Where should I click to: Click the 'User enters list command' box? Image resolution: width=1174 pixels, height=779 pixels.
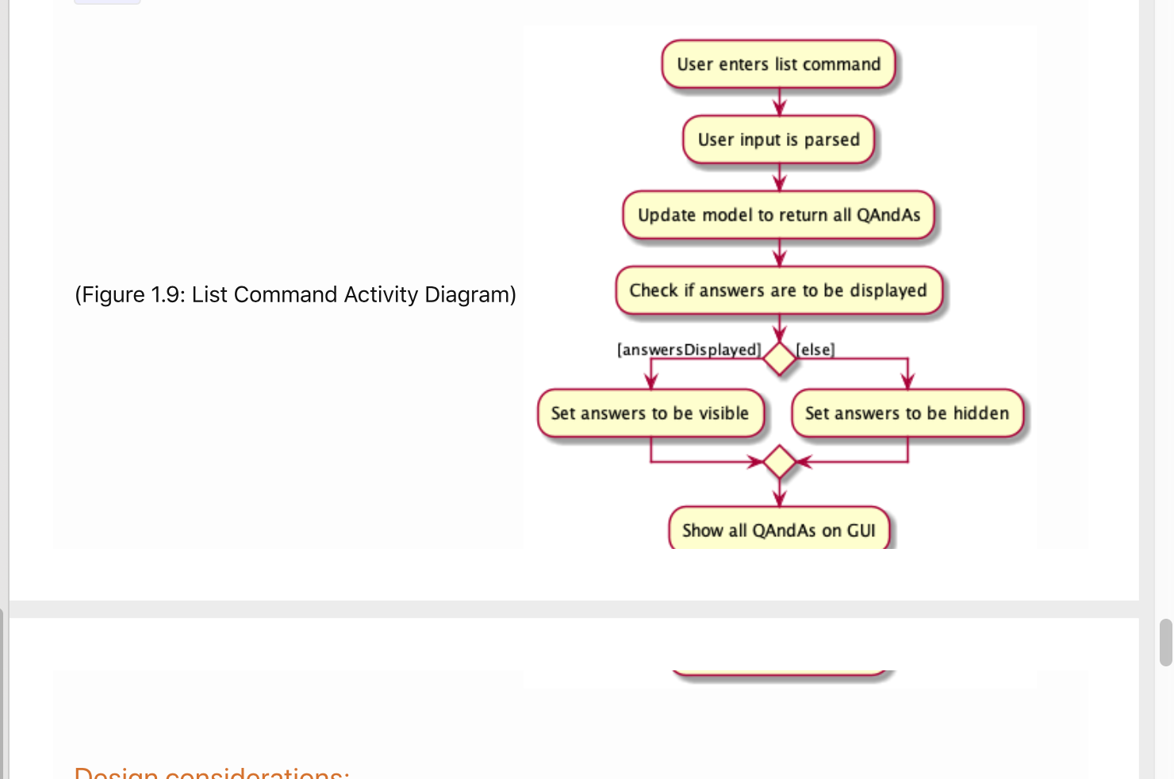pyautogui.click(x=778, y=64)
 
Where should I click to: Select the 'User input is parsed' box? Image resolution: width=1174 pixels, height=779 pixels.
pyautogui.click(x=778, y=140)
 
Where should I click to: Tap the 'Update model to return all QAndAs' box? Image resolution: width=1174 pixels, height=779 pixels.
pyautogui.click(x=778, y=215)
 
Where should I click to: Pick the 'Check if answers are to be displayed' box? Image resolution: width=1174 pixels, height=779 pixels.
pyautogui.click(x=778, y=290)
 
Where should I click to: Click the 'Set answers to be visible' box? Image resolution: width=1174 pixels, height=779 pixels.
pyautogui.click(x=650, y=413)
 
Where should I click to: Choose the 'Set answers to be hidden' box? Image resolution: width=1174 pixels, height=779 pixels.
pyautogui.click(x=907, y=413)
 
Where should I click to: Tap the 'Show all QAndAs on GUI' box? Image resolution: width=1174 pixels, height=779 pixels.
pyautogui.click(x=778, y=530)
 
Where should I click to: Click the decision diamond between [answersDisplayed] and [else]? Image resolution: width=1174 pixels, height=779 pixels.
pyautogui.click(x=780, y=359)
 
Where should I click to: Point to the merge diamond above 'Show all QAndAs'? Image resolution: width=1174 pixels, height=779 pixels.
pyautogui.click(x=780, y=462)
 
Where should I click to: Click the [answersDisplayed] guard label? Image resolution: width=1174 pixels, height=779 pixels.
pyautogui.click(x=689, y=350)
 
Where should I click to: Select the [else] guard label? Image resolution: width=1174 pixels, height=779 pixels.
pyautogui.click(x=815, y=350)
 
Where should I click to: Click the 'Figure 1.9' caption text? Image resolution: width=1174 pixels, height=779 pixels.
pyautogui.click(x=295, y=295)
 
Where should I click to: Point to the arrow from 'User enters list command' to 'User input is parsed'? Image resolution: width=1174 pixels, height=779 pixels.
pyautogui.click(x=780, y=102)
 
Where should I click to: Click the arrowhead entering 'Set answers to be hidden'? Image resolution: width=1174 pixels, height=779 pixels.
pyautogui.click(x=907, y=382)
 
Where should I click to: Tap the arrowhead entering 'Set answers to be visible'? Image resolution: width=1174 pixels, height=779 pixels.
pyautogui.click(x=651, y=382)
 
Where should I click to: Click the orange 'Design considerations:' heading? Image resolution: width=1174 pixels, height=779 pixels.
pyautogui.click(x=212, y=773)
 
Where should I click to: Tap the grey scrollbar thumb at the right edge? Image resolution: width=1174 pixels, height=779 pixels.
pyautogui.click(x=1165, y=643)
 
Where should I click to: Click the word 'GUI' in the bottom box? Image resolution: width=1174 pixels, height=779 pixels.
pyautogui.click(x=861, y=531)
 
